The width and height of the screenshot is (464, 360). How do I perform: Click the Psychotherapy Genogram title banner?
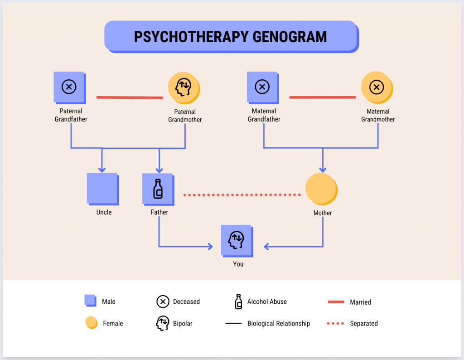coord(231,36)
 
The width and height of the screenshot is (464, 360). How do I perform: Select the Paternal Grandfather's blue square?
coord(69,87)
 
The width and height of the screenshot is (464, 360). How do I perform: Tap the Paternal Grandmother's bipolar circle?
coord(184,88)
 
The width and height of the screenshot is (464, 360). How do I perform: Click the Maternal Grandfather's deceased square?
coord(262,87)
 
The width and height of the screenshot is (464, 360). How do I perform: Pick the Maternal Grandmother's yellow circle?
coord(376,87)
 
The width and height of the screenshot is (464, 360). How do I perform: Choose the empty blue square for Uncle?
coord(102,188)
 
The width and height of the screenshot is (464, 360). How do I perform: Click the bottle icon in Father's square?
coord(158,189)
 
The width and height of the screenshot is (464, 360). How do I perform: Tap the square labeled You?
coord(237,240)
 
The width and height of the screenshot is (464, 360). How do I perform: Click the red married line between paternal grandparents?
coord(130,97)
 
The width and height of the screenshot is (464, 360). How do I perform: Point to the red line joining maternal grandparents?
coord(322,97)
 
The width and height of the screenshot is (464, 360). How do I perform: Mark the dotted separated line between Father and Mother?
coord(242,195)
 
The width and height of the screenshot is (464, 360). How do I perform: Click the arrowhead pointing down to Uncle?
coord(102,169)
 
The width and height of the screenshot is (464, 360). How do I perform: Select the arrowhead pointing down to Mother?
coord(323,169)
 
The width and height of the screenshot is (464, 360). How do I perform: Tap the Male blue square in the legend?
coord(90,301)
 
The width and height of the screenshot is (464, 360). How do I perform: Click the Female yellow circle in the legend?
coord(91,322)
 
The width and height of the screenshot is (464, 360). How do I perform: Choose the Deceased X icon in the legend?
coord(163,302)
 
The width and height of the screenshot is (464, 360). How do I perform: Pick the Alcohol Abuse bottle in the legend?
coord(238,302)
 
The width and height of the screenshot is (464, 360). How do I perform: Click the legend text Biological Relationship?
coord(278,323)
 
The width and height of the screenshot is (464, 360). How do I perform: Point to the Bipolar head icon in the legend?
coord(163,323)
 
